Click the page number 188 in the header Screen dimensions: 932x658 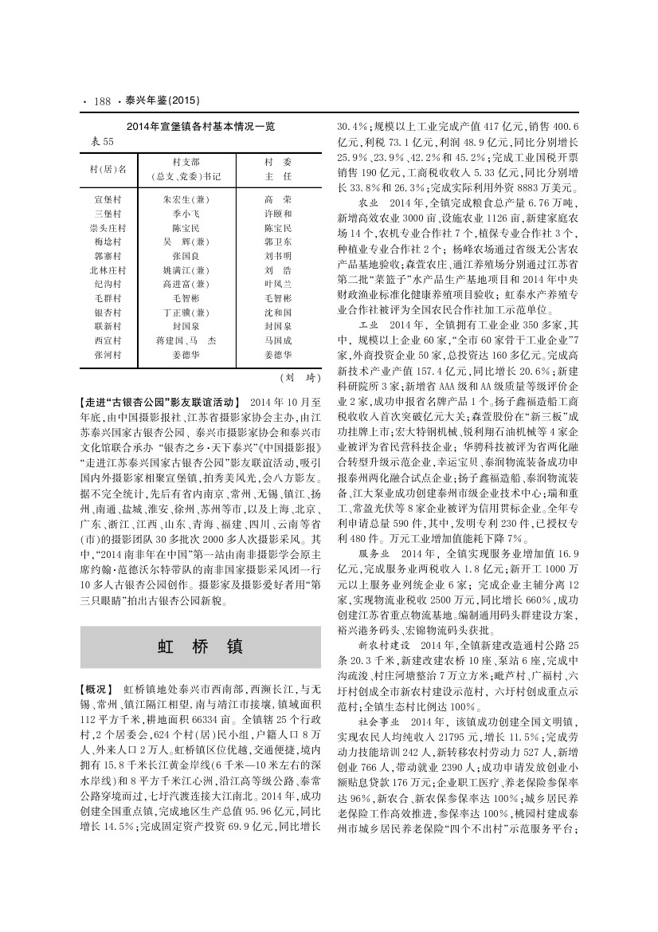tap(101, 101)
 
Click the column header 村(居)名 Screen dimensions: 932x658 tap(108, 169)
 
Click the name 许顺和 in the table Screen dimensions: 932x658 tap(278, 214)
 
